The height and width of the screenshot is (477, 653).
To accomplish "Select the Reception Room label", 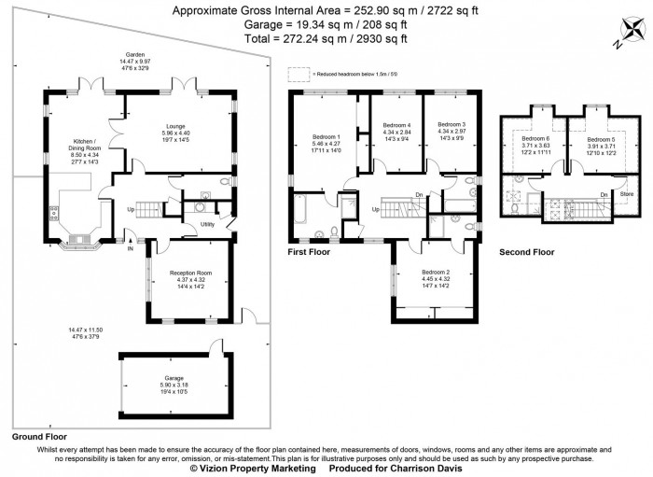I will (x=190, y=274).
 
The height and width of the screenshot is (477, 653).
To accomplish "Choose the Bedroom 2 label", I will (x=437, y=272).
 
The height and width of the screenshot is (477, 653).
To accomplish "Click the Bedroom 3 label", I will (x=452, y=124).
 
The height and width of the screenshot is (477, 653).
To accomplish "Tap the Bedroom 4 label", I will (x=396, y=125).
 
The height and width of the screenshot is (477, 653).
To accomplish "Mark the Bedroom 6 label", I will (x=536, y=139).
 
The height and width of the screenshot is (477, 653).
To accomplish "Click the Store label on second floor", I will (x=627, y=194).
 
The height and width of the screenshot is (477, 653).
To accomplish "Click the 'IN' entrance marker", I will (x=131, y=249).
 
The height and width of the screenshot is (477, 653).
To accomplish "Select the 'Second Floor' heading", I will (x=526, y=252).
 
